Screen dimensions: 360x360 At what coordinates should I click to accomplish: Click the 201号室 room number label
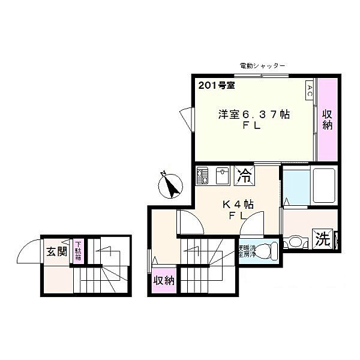(x=216, y=85)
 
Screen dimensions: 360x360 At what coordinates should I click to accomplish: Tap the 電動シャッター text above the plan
(x=262, y=65)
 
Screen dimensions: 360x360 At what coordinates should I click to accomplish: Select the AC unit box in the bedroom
(x=310, y=91)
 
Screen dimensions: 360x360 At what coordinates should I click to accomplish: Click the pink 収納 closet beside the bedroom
(x=328, y=120)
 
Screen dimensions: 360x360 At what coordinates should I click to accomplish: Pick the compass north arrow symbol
(x=171, y=185)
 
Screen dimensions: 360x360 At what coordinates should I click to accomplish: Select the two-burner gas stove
(x=202, y=176)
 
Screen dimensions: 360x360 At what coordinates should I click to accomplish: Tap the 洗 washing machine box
(x=323, y=239)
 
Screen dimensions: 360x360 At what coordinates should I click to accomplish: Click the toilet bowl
(x=269, y=248)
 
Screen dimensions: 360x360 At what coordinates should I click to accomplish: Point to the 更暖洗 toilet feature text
(x=247, y=251)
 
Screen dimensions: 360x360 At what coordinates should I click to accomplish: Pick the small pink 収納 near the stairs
(x=163, y=280)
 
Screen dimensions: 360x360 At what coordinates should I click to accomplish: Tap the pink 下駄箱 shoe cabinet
(x=78, y=251)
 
